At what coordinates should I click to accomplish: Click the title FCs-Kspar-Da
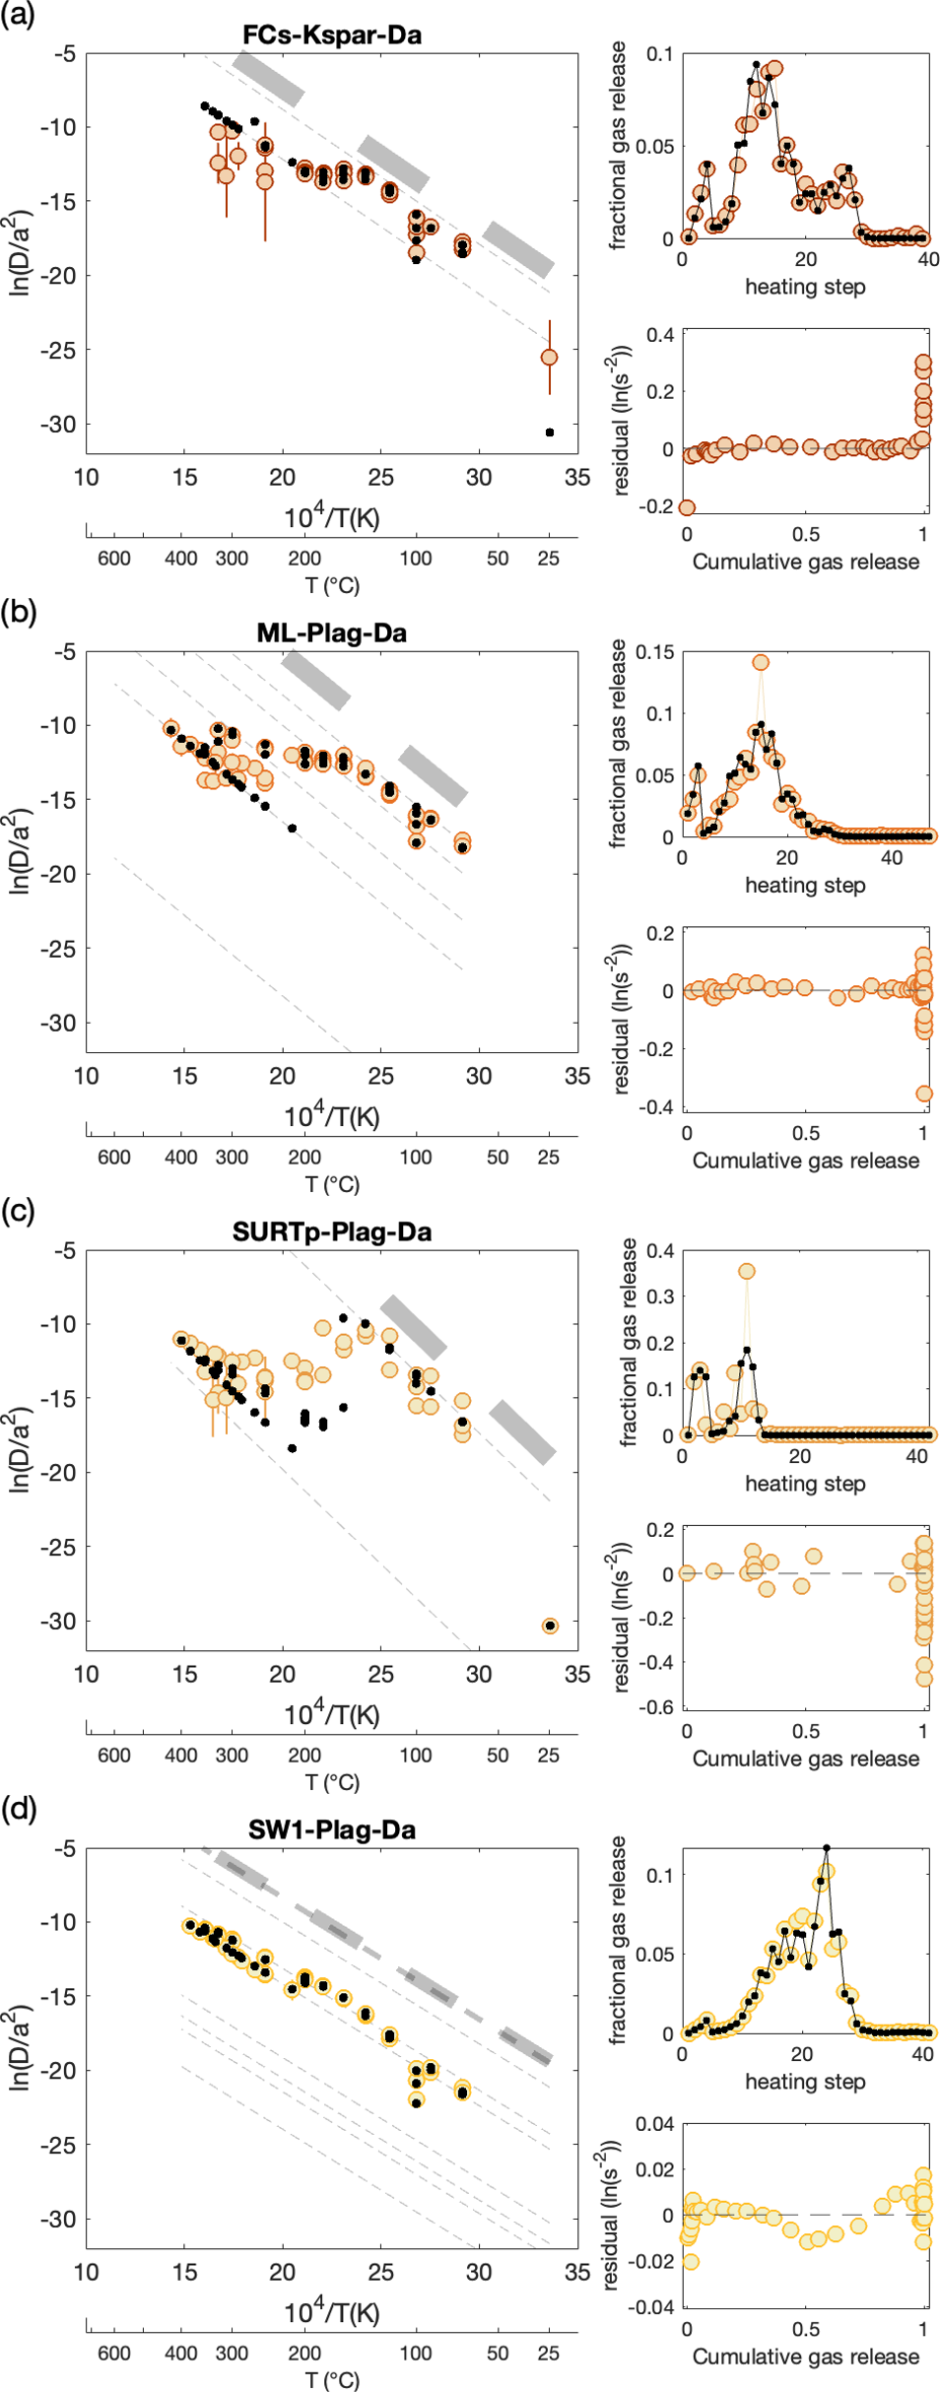point(332,35)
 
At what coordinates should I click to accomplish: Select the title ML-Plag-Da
point(332,632)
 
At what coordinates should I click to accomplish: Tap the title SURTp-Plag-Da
point(332,1231)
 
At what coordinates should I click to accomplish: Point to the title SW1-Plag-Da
point(332,1829)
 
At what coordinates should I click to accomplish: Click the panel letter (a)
point(18,15)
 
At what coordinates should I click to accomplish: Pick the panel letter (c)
point(18,1211)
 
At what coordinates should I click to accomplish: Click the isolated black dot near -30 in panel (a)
point(550,432)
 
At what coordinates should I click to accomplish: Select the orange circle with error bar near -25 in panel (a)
point(550,358)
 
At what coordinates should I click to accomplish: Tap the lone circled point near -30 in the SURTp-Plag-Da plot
point(550,1626)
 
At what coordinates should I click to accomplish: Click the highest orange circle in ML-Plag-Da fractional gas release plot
point(761,663)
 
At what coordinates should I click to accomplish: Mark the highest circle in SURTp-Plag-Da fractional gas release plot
point(747,1272)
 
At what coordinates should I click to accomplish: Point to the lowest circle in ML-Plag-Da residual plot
point(924,1094)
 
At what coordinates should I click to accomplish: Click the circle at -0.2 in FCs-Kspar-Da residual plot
point(687,507)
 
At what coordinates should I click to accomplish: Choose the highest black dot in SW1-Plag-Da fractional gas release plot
point(827,1848)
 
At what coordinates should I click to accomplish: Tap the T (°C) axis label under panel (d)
point(332,2380)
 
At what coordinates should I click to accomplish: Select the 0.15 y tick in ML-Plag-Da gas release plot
point(655,652)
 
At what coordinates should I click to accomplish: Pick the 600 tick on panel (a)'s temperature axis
point(114,559)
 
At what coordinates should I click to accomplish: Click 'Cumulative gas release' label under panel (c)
point(806,1758)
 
